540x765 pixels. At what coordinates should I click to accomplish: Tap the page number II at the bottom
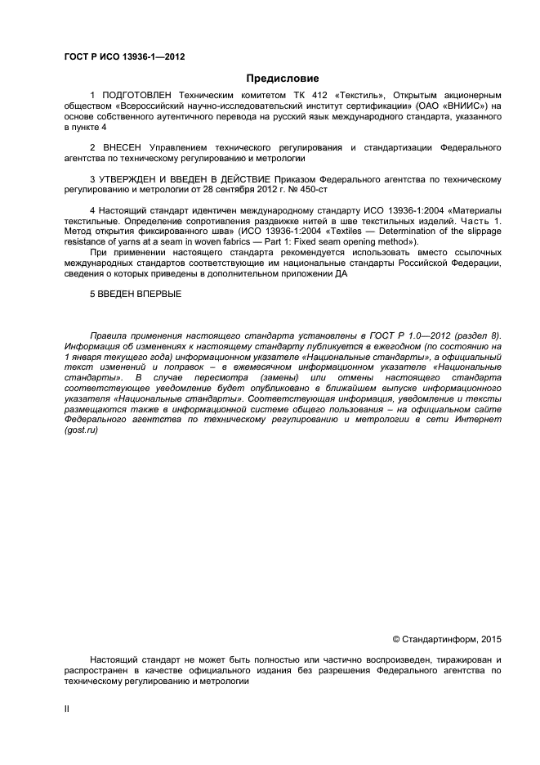[x=67, y=709]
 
